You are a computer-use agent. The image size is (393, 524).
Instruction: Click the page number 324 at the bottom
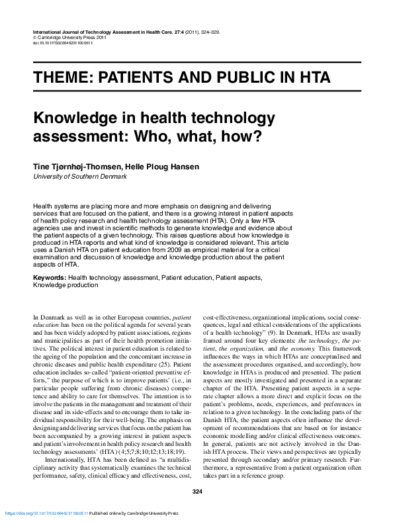click(x=196, y=491)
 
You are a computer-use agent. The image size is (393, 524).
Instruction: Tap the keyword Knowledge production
click(x=65, y=285)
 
